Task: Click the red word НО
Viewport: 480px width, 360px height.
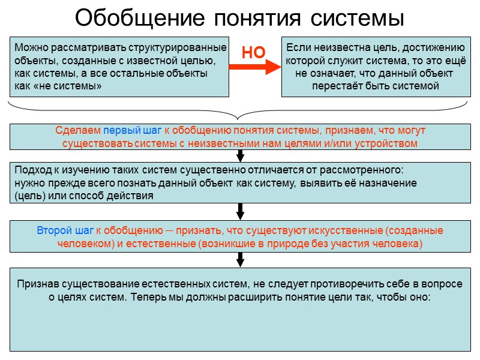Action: coord(253,53)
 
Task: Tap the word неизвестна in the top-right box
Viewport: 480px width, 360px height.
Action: coord(332,47)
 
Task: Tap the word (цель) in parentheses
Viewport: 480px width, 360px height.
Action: coord(27,196)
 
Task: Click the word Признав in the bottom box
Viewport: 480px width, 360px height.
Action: coord(37,284)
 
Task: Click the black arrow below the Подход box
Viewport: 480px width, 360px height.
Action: coord(240,212)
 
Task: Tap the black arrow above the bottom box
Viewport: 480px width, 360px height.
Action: coord(240,259)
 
